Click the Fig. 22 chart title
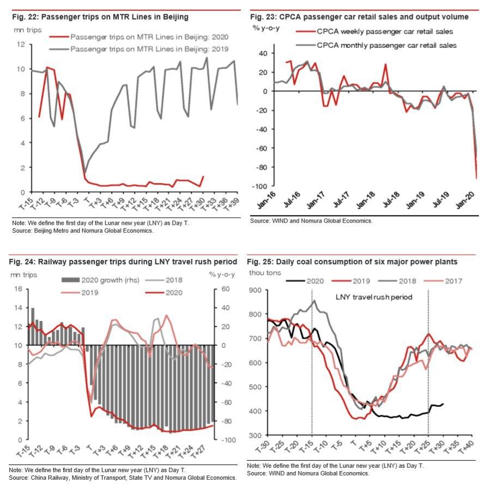coord(100,17)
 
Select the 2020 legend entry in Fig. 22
coord(139,37)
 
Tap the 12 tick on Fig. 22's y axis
coord(21,44)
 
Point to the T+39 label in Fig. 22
coord(233,204)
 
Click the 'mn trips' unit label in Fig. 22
coord(27,30)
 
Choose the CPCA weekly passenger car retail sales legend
coord(374,32)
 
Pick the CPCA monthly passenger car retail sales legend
coord(376,45)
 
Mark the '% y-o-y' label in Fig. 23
coord(266,28)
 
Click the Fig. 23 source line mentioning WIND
coord(311,221)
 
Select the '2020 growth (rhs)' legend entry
coord(100,280)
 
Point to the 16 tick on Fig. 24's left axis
coord(19,289)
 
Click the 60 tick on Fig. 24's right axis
coord(226,289)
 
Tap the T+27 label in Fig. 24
coord(198,451)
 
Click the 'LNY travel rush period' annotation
coord(374,297)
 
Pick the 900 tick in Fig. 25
coord(255,290)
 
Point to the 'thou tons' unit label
coord(265,273)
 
